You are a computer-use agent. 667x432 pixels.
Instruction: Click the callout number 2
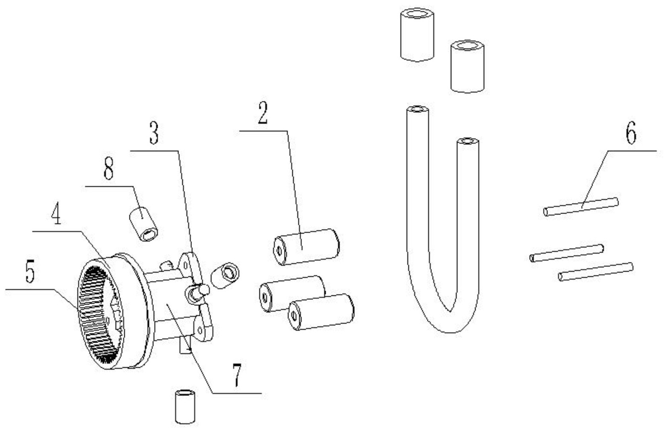point(263,113)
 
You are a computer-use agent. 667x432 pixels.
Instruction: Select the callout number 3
point(154,133)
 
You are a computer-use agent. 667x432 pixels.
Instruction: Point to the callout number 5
point(30,272)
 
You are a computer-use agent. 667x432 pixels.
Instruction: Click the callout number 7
point(237,375)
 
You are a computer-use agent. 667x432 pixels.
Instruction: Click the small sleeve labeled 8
point(144,224)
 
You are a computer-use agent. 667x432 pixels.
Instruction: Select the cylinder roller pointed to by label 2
point(306,247)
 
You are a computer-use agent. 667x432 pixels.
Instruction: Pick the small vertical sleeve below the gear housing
point(185,407)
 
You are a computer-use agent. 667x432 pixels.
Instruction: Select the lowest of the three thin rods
point(595,272)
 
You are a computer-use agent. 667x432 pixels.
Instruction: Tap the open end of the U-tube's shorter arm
point(468,142)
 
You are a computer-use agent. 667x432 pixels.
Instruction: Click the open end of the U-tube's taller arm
point(417,109)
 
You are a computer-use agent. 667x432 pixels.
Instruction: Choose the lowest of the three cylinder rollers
point(321,312)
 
